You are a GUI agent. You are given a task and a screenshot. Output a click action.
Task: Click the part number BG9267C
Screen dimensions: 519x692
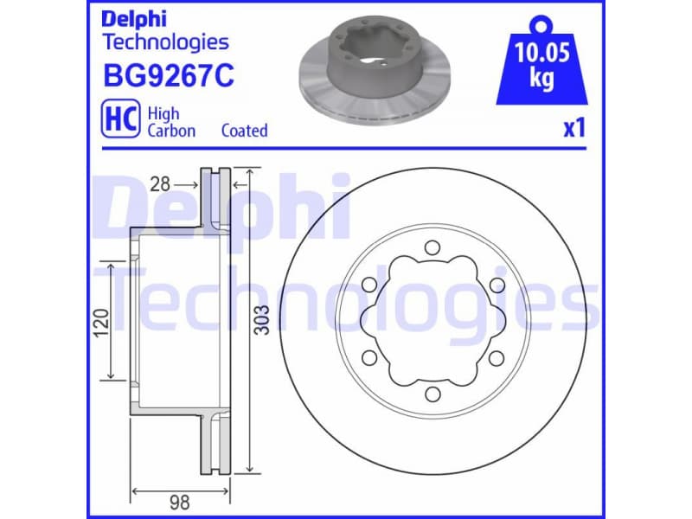[168, 76]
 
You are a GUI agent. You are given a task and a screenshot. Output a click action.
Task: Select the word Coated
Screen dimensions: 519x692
[244, 131]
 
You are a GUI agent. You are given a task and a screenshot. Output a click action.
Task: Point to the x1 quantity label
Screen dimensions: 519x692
[574, 129]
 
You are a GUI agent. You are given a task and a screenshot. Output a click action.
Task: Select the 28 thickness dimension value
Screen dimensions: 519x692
[158, 184]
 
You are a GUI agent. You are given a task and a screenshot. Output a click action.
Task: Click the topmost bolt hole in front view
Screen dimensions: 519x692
[432, 249]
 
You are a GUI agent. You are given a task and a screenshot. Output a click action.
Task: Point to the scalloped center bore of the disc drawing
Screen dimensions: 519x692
[432, 322]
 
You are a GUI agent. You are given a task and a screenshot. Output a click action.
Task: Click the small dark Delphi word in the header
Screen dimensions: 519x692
[134, 18]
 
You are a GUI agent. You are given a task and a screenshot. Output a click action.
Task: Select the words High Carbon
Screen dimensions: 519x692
[171, 122]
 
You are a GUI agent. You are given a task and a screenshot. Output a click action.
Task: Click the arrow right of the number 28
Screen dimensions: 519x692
[187, 184]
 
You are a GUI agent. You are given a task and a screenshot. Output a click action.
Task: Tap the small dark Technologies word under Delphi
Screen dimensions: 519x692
[165, 42]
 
